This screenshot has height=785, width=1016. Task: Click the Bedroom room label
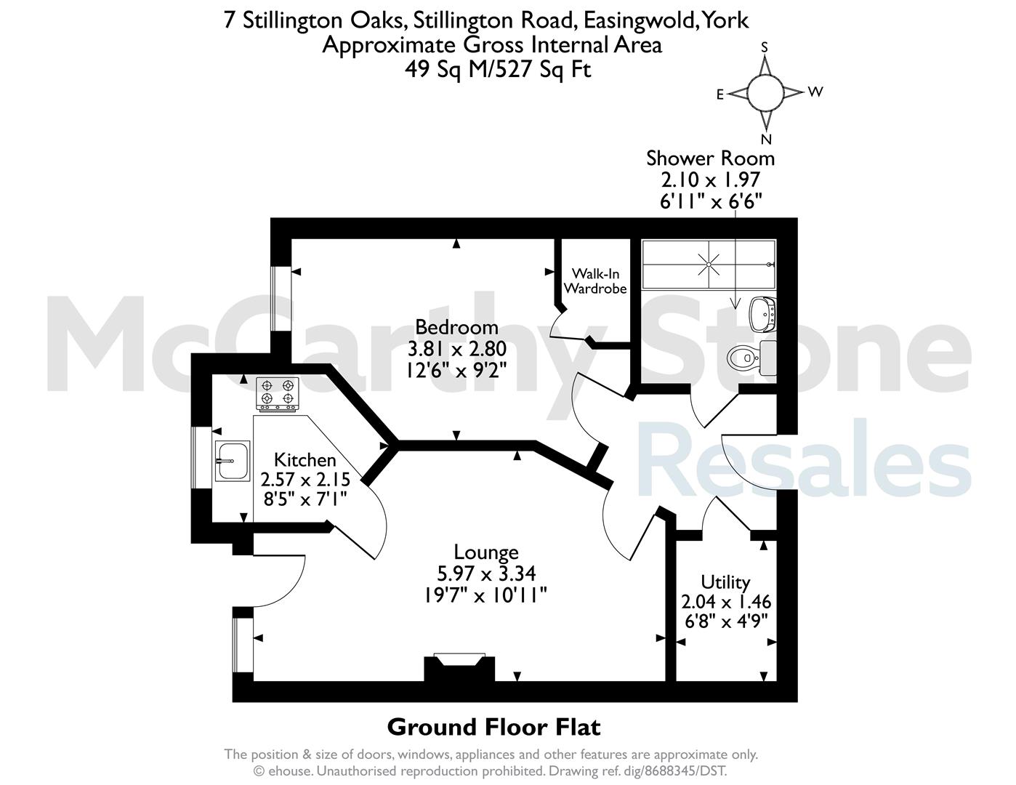(456, 327)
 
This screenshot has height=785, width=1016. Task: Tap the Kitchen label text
(305, 460)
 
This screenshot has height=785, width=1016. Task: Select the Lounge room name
(486, 552)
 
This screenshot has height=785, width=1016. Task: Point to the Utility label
(725, 582)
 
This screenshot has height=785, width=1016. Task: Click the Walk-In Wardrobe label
(595, 281)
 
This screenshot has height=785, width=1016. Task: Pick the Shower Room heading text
(710, 158)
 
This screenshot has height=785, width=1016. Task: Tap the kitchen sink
(233, 461)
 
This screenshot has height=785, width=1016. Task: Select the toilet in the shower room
(751, 358)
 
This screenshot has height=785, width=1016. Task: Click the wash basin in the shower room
(762, 314)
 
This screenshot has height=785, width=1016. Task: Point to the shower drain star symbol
(709, 265)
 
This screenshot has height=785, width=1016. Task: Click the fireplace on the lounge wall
(459, 669)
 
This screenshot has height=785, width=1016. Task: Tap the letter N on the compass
(766, 140)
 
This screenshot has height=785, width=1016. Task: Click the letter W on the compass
(815, 92)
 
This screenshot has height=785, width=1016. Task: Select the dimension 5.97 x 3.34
(486, 573)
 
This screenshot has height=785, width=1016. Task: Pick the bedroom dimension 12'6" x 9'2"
(456, 371)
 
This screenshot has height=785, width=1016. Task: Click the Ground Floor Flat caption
(493, 728)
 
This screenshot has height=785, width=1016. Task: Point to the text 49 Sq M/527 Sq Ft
(498, 70)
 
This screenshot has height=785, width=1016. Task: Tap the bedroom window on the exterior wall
(281, 299)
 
